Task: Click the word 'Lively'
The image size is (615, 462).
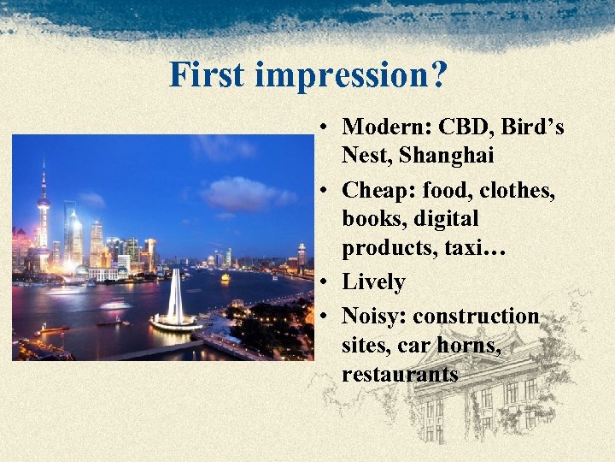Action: coord(373,281)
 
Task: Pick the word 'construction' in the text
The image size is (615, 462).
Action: coord(476,316)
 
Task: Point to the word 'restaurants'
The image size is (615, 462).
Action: coord(400,374)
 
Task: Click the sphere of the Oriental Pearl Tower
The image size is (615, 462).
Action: coord(43,203)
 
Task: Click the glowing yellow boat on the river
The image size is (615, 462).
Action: coord(225,278)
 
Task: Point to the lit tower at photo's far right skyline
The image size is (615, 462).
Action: coord(302,253)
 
